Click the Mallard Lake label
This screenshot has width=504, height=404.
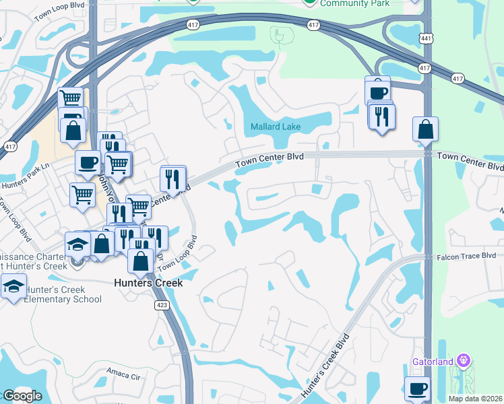[276, 127]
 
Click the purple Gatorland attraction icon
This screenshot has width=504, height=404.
[463, 361]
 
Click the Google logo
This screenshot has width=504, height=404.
[22, 396]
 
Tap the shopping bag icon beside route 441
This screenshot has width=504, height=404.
[426, 129]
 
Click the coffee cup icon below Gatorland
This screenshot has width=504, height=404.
[416, 389]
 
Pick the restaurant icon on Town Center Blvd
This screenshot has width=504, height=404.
[173, 179]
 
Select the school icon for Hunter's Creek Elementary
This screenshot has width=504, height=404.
[13, 286]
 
